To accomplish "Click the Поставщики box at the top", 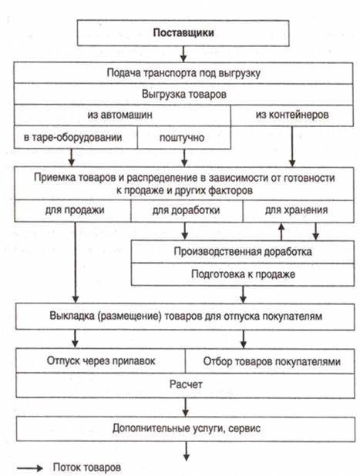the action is click(x=183, y=33).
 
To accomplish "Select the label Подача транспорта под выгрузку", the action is click(x=183, y=73).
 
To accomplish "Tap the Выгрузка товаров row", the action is click(x=183, y=94).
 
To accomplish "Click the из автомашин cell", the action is click(x=122, y=115).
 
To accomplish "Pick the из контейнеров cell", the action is click(x=292, y=115).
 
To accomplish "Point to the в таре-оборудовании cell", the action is click(x=76, y=137).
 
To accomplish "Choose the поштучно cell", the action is click(x=183, y=137).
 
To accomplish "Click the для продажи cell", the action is click(x=72, y=210).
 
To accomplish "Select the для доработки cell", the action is click(x=187, y=210).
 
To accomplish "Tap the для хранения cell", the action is click(x=298, y=210).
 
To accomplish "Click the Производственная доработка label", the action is click(x=243, y=252).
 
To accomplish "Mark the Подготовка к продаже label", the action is click(x=243, y=274).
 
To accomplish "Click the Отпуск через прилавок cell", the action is click(x=100, y=361).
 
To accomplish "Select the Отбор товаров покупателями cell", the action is click(x=270, y=361).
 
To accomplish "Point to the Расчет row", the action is click(x=185, y=385).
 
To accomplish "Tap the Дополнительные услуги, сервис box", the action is click(x=186, y=429).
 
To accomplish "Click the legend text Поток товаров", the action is click(x=87, y=468).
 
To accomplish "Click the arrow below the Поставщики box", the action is click(x=183, y=54).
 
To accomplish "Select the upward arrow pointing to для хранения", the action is click(x=281, y=231).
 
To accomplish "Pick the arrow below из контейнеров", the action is click(x=292, y=146).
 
